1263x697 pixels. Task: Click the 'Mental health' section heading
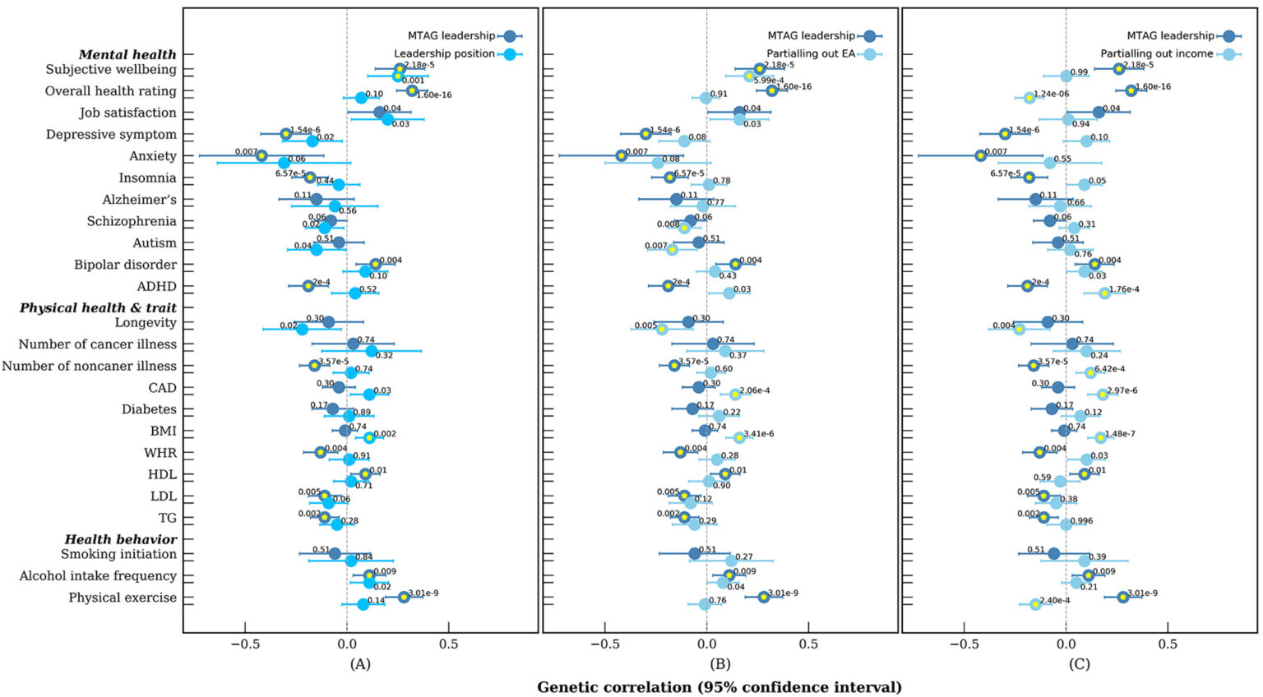click(x=127, y=55)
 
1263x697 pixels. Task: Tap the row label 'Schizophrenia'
click(x=132, y=221)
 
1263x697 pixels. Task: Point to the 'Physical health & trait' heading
click(x=98, y=308)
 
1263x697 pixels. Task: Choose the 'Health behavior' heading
click(x=121, y=540)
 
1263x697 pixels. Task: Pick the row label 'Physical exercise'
click(x=123, y=598)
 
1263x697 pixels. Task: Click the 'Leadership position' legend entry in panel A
click(x=445, y=54)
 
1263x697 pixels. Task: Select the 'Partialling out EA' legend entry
click(x=812, y=54)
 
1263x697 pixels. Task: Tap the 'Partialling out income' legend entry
click(x=1157, y=54)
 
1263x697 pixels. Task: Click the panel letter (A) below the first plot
click(x=360, y=663)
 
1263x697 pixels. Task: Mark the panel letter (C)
click(x=1079, y=663)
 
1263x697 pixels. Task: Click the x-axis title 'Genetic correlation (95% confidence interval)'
click(x=719, y=687)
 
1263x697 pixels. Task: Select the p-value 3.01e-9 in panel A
click(x=423, y=593)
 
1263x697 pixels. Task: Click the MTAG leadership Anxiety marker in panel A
click(x=261, y=155)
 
